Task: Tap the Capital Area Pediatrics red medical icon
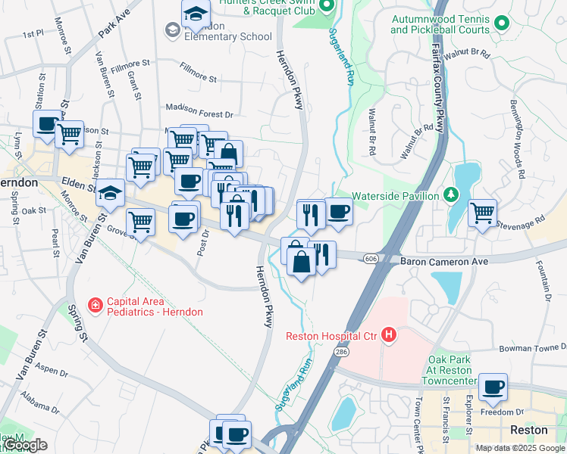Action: (x=96, y=305)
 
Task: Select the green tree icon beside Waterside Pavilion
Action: (x=451, y=195)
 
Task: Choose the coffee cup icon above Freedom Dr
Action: (x=493, y=387)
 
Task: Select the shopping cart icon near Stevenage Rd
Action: (x=483, y=213)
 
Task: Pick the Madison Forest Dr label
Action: (x=199, y=114)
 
